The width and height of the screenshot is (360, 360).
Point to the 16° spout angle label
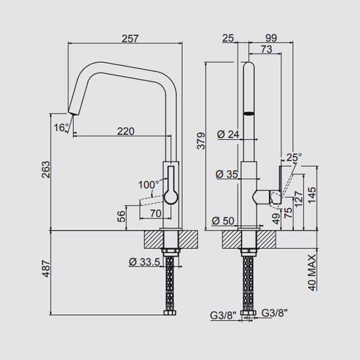(x=61, y=127)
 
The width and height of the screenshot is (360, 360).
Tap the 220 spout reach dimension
(x=125, y=131)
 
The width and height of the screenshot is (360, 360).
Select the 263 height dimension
(x=45, y=172)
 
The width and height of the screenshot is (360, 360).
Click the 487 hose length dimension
(x=45, y=273)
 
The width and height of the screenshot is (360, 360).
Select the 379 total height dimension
(x=201, y=140)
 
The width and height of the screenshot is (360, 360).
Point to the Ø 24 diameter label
(x=228, y=134)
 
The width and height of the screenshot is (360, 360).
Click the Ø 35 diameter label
(x=226, y=175)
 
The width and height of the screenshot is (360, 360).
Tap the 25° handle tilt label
(x=293, y=157)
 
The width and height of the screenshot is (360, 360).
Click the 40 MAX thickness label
(x=311, y=271)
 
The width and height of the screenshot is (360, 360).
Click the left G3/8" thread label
(x=221, y=313)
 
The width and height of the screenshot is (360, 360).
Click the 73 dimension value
(x=267, y=49)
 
